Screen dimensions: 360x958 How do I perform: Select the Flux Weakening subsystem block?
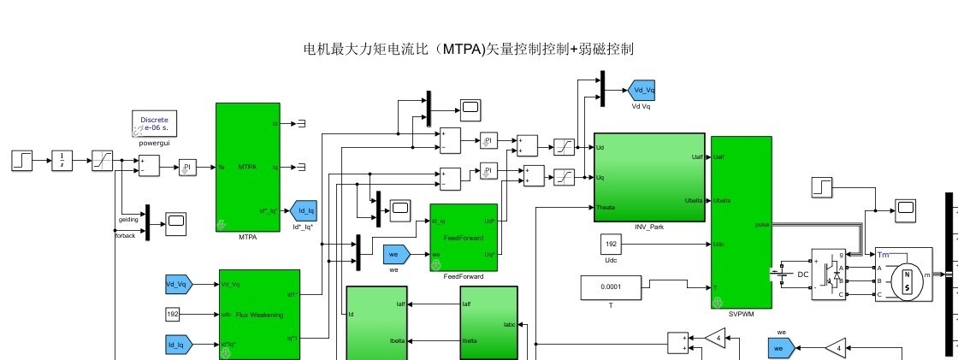point(259,314)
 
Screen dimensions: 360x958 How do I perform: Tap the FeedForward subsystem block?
point(463,237)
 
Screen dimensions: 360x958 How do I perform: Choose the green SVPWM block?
point(741,221)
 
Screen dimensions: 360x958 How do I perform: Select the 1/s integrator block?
point(63,159)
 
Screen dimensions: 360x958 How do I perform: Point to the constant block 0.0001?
point(611,288)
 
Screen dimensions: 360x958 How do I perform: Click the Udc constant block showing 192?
point(611,244)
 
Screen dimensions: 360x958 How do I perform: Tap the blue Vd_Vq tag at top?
point(642,90)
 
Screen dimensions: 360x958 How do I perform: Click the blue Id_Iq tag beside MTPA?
point(303,210)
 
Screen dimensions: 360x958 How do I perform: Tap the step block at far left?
point(22,159)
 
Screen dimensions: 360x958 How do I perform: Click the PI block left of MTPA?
point(187,168)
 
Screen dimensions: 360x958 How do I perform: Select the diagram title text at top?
point(469,50)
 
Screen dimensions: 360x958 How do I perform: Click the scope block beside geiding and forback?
point(176,222)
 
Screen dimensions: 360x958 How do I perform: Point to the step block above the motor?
point(821,186)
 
